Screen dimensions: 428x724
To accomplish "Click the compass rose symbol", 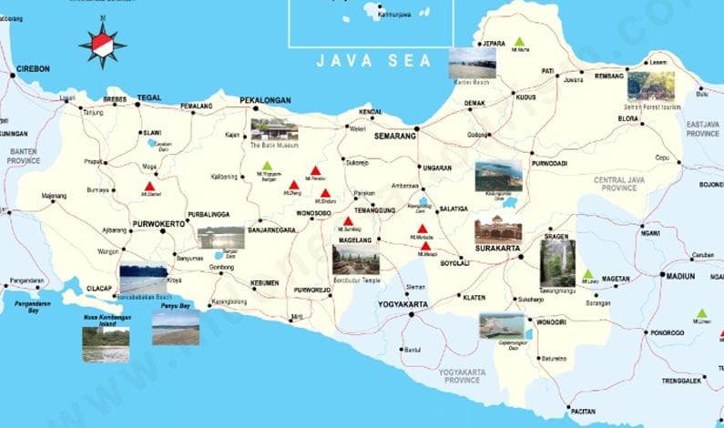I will coord(101,44).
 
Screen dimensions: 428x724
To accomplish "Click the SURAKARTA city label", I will coord(496,248).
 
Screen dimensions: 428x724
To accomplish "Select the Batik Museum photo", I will coord(274,129).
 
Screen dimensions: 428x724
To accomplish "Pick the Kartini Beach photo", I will coord(472,62).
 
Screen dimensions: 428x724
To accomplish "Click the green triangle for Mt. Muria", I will coord(519,42).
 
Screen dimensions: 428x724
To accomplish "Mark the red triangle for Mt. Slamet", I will coord(149,187).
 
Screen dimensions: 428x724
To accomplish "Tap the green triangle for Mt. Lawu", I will coord(588,273).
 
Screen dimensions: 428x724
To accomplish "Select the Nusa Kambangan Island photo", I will coord(106,344).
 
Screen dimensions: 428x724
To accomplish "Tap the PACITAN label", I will coord(584,412).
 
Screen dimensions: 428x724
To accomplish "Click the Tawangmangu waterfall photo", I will coord(556,261).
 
